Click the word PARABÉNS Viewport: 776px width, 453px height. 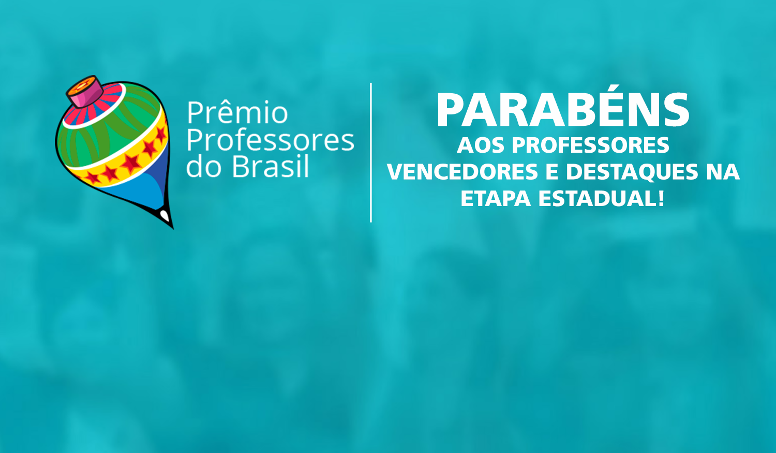(x=563, y=110)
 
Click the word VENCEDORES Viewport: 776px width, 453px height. (x=462, y=172)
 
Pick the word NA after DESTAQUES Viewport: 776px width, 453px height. (x=723, y=172)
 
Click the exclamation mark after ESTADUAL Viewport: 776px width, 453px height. (x=661, y=199)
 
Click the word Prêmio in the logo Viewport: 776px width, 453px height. (x=237, y=113)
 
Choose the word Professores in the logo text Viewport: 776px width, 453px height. (x=270, y=140)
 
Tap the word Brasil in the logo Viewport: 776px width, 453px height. (x=270, y=167)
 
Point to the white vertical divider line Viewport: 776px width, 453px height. (x=371, y=153)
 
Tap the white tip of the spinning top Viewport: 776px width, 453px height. (x=165, y=214)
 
